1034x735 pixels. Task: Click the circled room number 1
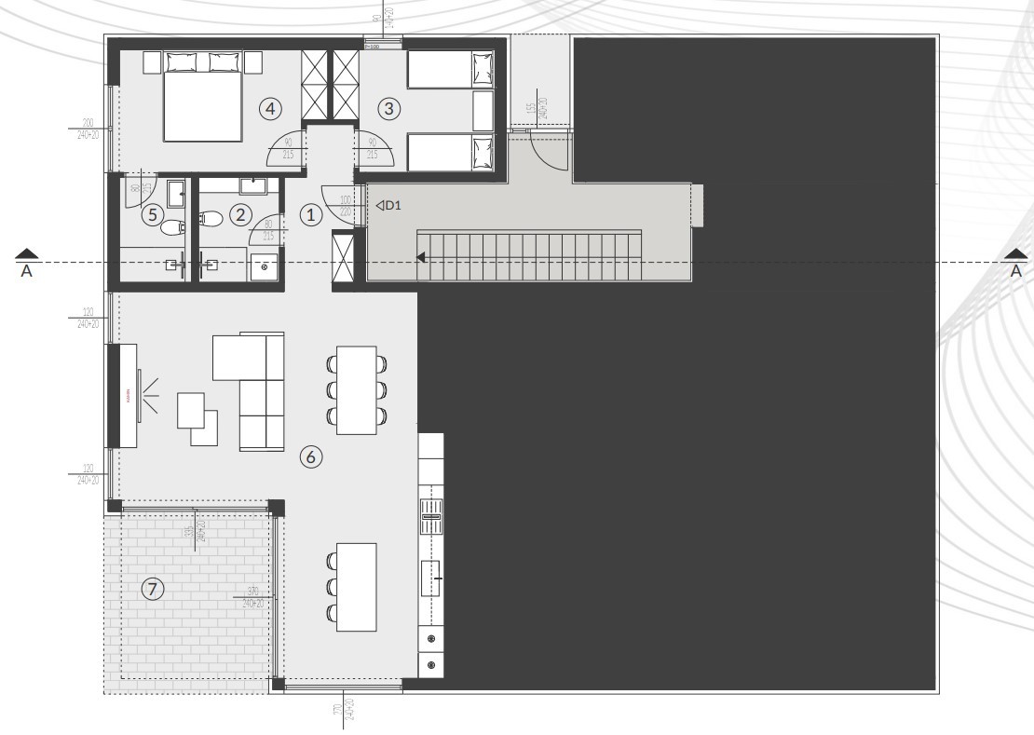point(311,213)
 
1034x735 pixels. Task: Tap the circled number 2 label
point(240,214)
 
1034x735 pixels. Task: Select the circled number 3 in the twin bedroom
point(389,109)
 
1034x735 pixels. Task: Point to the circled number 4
point(270,109)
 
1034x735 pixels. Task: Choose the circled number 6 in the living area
point(311,456)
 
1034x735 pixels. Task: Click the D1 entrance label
point(388,205)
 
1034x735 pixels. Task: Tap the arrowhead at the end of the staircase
point(422,258)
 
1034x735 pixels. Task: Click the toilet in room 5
point(172,225)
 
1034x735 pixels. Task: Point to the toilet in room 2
point(211,220)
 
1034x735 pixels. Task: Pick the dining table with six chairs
point(356,389)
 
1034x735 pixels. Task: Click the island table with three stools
point(356,586)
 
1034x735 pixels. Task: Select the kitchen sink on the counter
point(431,515)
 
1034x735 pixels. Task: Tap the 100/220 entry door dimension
point(346,205)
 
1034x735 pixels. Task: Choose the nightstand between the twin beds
point(483,110)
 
